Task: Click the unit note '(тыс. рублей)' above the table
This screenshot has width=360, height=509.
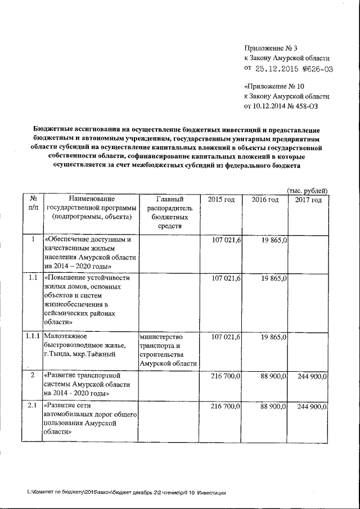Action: pyautogui.click(x=307, y=191)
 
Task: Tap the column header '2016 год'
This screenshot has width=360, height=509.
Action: pyautogui.click(x=265, y=200)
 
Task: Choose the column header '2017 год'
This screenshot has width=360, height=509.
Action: pyautogui.click(x=309, y=200)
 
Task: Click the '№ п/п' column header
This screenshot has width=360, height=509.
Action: pyautogui.click(x=33, y=204)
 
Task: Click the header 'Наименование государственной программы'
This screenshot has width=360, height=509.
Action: pyautogui.click(x=91, y=208)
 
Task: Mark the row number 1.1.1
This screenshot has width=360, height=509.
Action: pyautogui.click(x=33, y=336)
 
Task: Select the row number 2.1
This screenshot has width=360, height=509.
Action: pyautogui.click(x=33, y=406)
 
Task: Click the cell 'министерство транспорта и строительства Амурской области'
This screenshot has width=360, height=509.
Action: pyautogui.click(x=170, y=350)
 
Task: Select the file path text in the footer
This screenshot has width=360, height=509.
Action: pyautogui.click(x=127, y=493)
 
